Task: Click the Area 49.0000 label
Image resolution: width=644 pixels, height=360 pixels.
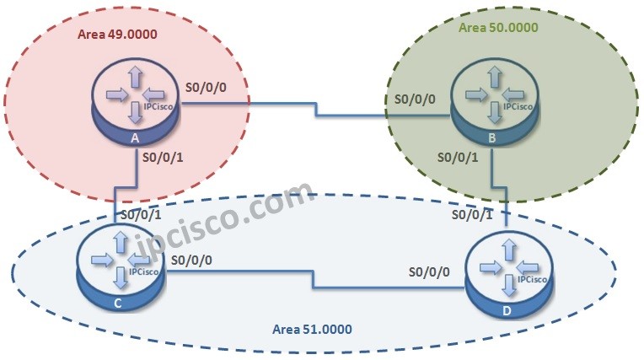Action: [117, 35]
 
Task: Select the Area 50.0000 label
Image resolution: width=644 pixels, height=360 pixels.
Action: [498, 27]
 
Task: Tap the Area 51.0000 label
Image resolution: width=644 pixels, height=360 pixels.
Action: [313, 329]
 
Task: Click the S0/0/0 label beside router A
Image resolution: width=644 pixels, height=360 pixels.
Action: [206, 88]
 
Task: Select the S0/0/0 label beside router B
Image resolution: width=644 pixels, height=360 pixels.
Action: [416, 99]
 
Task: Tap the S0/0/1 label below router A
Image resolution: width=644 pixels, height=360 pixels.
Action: [164, 157]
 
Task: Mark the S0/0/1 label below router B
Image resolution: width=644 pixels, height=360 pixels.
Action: [460, 157]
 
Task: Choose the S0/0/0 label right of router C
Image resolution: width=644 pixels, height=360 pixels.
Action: [191, 261]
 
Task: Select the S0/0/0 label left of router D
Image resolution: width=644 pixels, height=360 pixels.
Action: [430, 272]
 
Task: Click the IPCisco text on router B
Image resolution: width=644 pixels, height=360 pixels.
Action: [517, 107]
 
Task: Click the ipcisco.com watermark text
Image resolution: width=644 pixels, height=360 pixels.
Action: [211, 211]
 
